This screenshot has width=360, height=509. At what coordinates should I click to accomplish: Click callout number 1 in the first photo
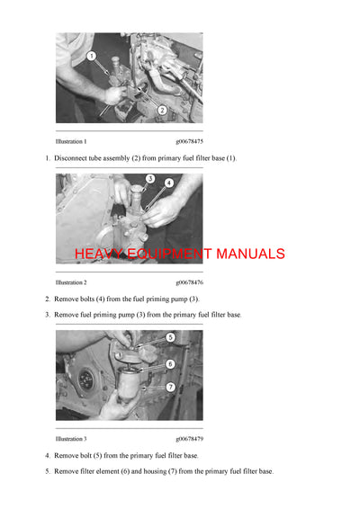click(92, 57)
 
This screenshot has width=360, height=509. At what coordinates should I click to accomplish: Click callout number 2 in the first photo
click(162, 110)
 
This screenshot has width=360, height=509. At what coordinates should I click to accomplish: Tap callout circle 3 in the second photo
click(150, 179)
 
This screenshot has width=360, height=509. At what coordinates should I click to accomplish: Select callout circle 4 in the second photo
click(168, 183)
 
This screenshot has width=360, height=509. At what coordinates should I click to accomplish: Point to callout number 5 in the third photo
click(169, 337)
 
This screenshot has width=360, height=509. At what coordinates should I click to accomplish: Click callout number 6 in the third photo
click(169, 363)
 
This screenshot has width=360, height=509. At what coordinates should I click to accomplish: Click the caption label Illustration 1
click(71, 141)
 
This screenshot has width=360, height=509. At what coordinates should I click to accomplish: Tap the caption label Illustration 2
click(71, 282)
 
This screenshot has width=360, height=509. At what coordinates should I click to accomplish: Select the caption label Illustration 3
click(71, 439)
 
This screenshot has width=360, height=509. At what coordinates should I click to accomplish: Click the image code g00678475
click(189, 141)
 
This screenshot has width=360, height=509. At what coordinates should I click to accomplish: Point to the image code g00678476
click(189, 282)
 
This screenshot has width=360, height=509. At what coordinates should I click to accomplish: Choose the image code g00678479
click(189, 439)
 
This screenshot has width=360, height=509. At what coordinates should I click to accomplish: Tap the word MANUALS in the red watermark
click(247, 254)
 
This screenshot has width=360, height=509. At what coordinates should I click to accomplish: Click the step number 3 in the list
click(48, 315)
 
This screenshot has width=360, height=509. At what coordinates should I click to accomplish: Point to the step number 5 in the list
click(48, 471)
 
